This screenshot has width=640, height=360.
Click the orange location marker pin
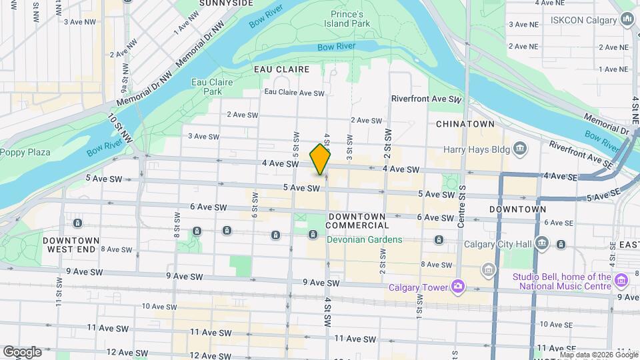tap(320, 159)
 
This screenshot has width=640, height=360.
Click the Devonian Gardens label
tap(364, 239)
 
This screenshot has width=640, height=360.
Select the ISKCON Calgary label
tap(583, 20)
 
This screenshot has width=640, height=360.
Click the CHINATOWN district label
tap(465, 124)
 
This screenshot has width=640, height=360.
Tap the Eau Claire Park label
tap(207, 86)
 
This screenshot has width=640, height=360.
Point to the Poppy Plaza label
tap(25, 152)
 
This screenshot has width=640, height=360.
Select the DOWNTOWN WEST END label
tap(71, 244)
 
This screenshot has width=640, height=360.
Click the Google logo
tap(22, 352)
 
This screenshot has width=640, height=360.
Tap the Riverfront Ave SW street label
tap(426, 99)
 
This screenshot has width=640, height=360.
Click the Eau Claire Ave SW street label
tap(294, 93)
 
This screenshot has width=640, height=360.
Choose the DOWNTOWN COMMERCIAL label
tap(357, 221)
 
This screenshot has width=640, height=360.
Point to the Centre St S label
tap(461, 203)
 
